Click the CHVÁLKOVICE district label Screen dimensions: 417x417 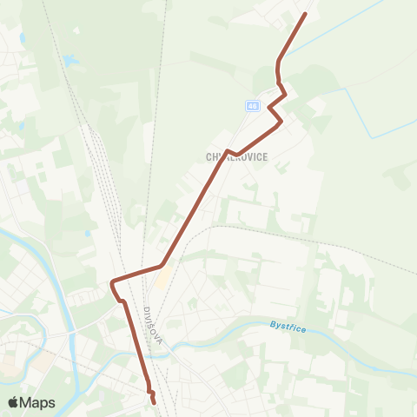click(237, 156)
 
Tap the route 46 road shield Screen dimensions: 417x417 click(252, 106)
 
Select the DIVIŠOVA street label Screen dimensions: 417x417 click(153, 327)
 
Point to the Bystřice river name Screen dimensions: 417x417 click(284, 326)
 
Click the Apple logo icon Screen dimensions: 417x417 click(15, 402)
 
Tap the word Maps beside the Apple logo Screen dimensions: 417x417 click(38, 402)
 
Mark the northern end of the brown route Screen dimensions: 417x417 click(305, 14)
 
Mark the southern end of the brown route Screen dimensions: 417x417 click(155, 402)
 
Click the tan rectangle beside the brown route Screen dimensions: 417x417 click(162, 279)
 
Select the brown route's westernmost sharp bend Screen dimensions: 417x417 click(112, 282)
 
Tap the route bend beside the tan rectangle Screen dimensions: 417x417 click(162, 265)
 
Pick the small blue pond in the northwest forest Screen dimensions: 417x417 click(69, 61)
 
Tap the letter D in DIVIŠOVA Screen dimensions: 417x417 click(148, 311)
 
